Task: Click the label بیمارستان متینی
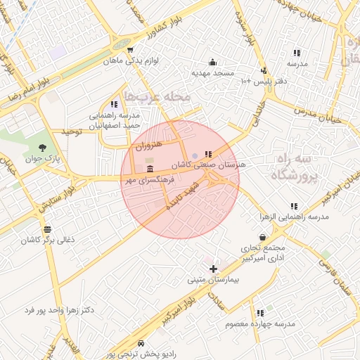point(213,280)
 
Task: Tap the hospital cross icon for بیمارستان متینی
point(213,269)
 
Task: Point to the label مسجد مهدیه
point(212,72)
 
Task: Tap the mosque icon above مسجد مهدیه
point(212,62)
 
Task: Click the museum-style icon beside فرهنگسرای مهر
point(149,169)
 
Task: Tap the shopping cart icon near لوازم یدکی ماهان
point(131,49)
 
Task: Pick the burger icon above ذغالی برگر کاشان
point(47,229)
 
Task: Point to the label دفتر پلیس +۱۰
point(262,82)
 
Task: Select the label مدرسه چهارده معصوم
point(260,323)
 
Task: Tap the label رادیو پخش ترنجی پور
point(141,354)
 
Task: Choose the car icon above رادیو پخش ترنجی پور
point(141,343)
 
